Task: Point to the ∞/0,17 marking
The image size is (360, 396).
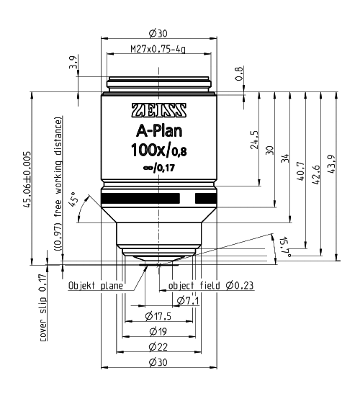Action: click(x=160, y=169)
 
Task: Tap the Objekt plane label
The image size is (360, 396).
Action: click(x=96, y=285)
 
